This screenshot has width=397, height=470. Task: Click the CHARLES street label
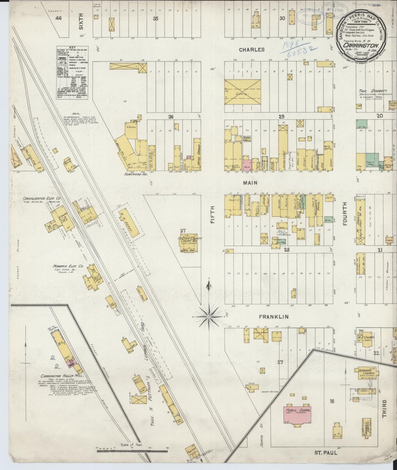coord(252,50)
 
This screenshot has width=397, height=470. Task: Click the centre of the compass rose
coord(209,317)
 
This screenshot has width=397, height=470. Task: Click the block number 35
coord(156,19)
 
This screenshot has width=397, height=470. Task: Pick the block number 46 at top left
coord(58,18)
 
